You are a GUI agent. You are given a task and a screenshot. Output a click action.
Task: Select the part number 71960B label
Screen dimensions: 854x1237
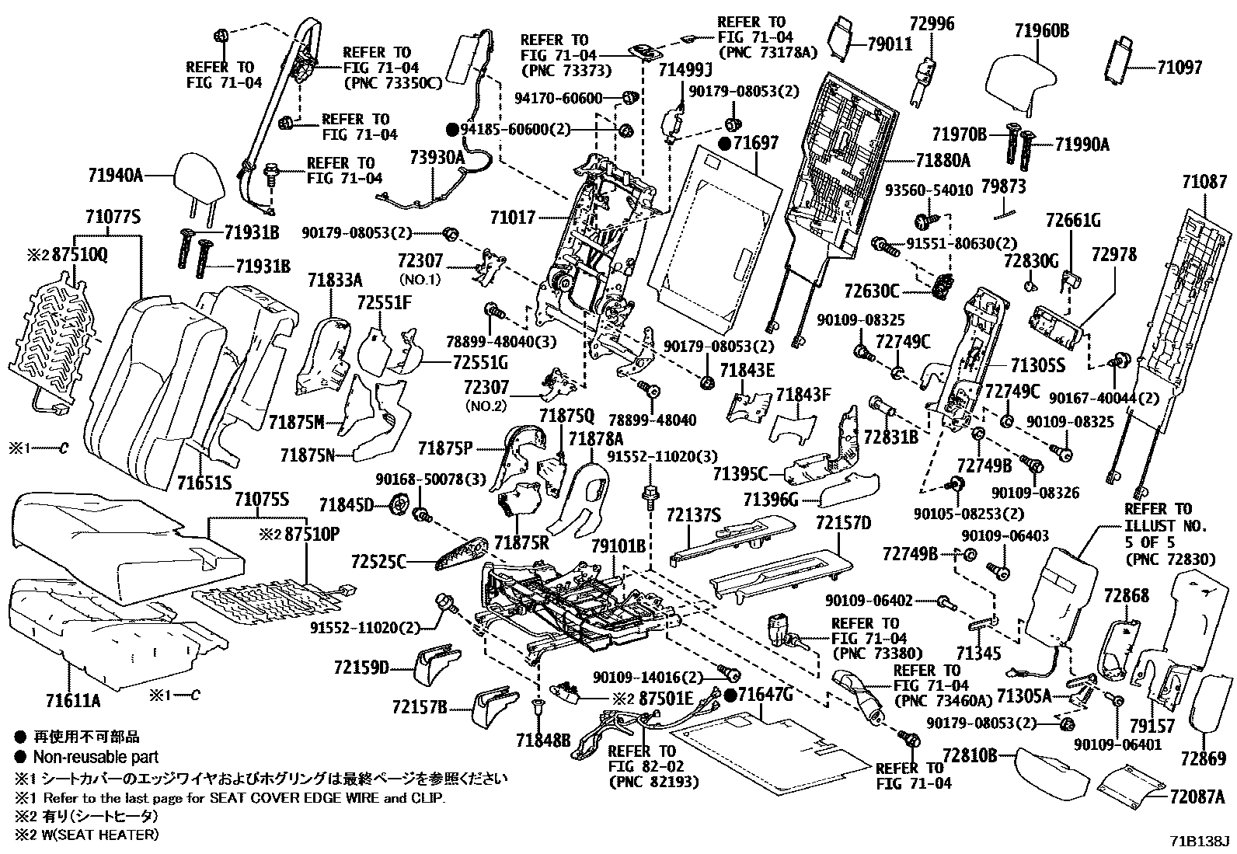click(1041, 32)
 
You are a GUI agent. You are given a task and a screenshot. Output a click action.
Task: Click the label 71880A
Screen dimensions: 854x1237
click(943, 161)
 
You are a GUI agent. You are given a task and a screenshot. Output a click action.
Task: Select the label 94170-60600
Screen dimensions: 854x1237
click(559, 98)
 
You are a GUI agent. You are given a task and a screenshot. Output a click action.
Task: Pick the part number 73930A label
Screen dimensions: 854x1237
click(437, 159)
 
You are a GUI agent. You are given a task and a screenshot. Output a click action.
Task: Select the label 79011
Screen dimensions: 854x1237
click(890, 44)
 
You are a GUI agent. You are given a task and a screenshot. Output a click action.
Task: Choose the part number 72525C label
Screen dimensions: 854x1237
click(380, 560)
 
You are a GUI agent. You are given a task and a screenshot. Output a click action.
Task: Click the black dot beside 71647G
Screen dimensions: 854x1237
click(731, 694)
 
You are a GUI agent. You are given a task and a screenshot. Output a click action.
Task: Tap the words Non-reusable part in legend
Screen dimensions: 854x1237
click(95, 757)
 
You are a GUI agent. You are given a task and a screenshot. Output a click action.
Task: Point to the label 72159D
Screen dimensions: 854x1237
click(361, 667)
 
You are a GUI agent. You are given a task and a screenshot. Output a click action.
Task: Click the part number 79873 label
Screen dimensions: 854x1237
click(1003, 186)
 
